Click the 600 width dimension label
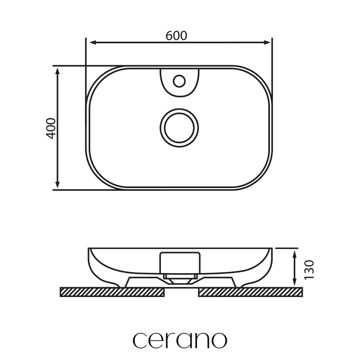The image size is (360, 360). [x=176, y=36]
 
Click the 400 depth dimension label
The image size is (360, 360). [x=51, y=128]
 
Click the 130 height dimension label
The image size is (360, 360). [x=309, y=270]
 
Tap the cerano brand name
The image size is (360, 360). [x=180, y=340]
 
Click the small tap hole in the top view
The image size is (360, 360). [x=179, y=81]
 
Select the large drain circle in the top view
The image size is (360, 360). [x=179, y=128]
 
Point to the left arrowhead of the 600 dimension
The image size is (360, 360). [x=93, y=42]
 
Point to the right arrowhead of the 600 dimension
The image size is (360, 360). [x=267, y=42]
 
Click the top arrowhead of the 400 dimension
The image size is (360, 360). [x=58, y=71]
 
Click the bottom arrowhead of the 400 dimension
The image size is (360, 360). [x=58, y=185]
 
